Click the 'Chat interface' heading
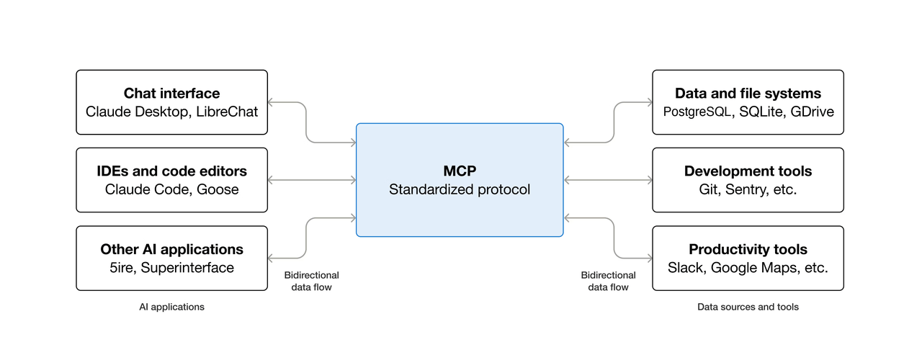171,93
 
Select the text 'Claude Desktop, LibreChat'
171,112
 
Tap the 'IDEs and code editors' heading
171,171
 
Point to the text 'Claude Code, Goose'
171,189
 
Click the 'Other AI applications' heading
171,249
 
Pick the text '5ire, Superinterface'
171,268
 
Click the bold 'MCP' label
460,171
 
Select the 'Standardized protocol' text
460,189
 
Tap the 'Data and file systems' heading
748,93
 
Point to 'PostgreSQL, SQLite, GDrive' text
748,112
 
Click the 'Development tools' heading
748,171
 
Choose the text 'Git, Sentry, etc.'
748,189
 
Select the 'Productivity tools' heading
748,249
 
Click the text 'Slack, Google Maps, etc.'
748,268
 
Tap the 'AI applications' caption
171,307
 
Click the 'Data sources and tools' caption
748,307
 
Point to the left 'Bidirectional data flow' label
311,281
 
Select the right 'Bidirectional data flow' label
608,281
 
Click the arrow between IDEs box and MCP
312,179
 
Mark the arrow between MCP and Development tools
608,179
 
